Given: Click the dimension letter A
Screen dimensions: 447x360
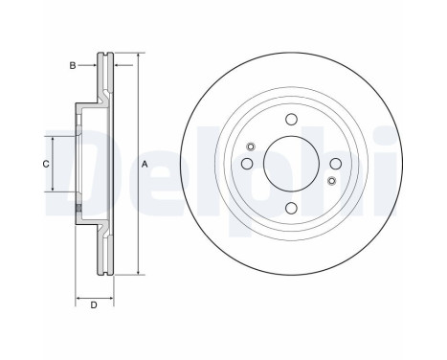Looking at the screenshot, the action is [x=145, y=165].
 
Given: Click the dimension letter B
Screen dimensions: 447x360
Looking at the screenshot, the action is [x=73, y=66].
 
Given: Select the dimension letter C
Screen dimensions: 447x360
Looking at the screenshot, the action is [x=46, y=164].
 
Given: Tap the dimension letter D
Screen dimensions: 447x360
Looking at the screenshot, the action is [x=94, y=305].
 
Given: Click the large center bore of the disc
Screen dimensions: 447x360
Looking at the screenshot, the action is [x=291, y=164].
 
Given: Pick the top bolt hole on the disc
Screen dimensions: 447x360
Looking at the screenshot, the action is [x=291, y=120].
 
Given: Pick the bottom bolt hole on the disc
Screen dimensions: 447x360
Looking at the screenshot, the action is [x=291, y=208].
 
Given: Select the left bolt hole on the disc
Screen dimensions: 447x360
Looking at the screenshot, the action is [x=247, y=164].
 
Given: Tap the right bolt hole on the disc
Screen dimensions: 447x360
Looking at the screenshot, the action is [x=336, y=164].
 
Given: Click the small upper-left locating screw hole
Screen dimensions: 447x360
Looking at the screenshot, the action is [x=251, y=146].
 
